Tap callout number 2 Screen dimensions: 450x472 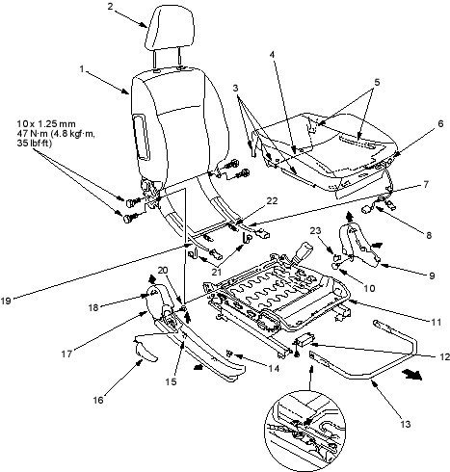click(x=110, y=6)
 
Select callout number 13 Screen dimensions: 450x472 click(x=406, y=424)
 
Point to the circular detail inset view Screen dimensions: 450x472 click(x=304, y=430)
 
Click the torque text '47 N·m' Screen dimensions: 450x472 click(x=33, y=134)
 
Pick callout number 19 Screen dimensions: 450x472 click(x=7, y=302)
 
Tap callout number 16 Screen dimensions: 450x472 click(x=98, y=400)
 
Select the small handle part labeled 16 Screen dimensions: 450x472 click(x=145, y=352)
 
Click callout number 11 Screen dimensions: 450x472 click(x=436, y=322)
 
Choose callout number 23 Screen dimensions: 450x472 click(x=315, y=230)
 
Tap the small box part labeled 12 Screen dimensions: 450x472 click(x=305, y=339)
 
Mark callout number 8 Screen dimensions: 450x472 click(x=429, y=235)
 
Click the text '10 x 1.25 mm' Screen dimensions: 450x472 click(x=46, y=123)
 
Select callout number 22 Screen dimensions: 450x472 click(x=272, y=201)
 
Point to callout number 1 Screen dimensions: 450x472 click(x=82, y=69)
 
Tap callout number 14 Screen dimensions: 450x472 click(x=274, y=368)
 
